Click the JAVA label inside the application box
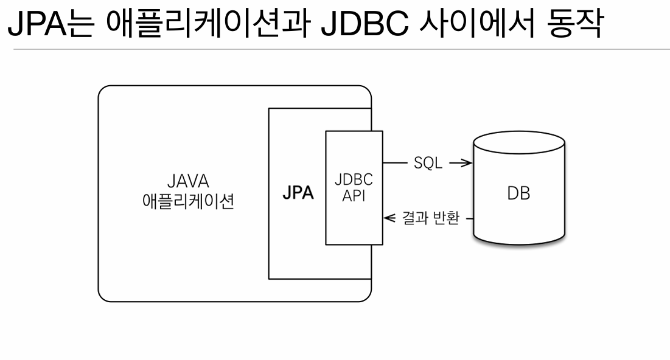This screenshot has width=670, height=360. [187, 181]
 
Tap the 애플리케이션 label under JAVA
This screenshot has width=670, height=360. [187, 201]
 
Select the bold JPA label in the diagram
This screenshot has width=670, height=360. [298, 194]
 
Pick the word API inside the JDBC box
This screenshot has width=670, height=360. [354, 196]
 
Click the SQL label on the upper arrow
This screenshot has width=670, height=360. [427, 164]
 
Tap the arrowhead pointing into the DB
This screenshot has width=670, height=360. [466, 164]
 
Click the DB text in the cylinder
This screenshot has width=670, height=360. [518, 194]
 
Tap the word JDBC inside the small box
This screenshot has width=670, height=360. [354, 181]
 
